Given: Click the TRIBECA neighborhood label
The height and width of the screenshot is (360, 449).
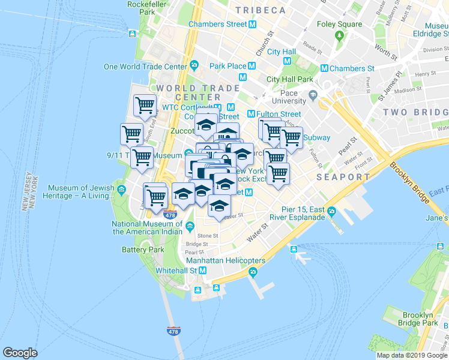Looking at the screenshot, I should pos(260,10).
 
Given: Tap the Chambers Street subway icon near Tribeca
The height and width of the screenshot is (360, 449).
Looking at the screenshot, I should pos(253,24).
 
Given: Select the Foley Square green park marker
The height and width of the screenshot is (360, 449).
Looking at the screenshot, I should pos(339,35).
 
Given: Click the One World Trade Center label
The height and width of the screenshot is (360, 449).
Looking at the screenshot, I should pos(145,67).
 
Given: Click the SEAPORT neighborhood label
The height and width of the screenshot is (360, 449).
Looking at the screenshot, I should pos(343,177).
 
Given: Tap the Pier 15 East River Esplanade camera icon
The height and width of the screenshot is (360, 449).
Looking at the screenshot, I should pos(332,211).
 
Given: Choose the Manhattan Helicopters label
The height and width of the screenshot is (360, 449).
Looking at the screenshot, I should pos(226,261).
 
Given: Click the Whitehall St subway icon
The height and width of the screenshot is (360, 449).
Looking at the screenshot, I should pos(203,271).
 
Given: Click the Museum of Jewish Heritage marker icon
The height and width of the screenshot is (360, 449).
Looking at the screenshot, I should pos(122,191).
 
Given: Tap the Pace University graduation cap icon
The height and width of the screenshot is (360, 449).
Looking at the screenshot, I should pos(313,95).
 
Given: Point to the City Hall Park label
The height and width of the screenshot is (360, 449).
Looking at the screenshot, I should pos(289,79).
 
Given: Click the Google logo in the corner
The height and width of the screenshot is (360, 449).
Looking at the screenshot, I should pos(20,353).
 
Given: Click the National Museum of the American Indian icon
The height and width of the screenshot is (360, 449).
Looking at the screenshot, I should pos(190,226).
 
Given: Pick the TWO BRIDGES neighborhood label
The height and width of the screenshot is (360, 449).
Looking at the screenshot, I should pos(415,112).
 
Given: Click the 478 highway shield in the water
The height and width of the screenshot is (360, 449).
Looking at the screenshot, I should pos(172,331).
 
